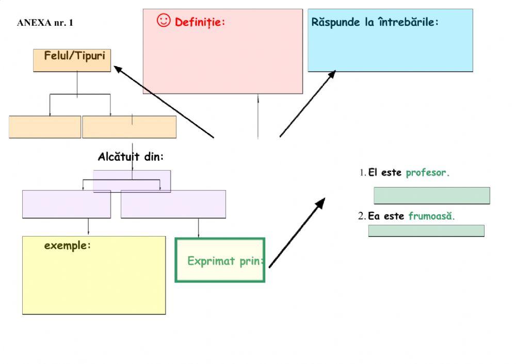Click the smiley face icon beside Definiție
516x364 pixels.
[x=164, y=21]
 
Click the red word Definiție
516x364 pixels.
[x=200, y=22]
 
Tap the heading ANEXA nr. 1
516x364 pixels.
[x=45, y=23]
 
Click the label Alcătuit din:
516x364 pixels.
[x=131, y=157]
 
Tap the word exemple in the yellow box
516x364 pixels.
[x=67, y=245]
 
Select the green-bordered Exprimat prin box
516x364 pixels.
[x=220, y=260]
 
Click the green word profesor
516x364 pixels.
[x=427, y=173]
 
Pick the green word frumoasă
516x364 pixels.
[x=431, y=216]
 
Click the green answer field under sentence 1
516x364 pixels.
[x=431, y=195]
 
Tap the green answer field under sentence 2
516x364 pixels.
[x=426, y=230]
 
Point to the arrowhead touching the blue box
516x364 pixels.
[x=332, y=74]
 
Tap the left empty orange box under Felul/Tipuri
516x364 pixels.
[x=45, y=127]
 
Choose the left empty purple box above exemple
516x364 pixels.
[x=66, y=204]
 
